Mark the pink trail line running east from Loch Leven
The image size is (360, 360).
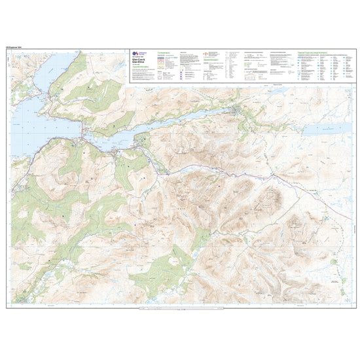(216, 172)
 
